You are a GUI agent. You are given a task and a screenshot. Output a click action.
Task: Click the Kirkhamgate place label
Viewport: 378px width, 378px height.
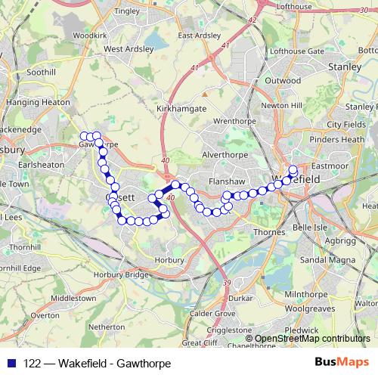pyautogui.click(x=181, y=110)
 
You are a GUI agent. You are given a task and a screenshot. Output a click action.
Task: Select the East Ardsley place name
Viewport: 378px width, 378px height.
pyautogui.click(x=199, y=36)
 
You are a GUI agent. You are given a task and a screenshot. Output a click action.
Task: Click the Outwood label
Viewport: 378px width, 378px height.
pyautogui.click(x=282, y=80)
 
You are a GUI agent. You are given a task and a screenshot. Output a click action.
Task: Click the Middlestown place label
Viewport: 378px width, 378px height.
pyautogui.click(x=73, y=299)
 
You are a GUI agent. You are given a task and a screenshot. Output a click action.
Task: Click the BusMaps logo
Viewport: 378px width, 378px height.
pyautogui.click(x=342, y=361)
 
